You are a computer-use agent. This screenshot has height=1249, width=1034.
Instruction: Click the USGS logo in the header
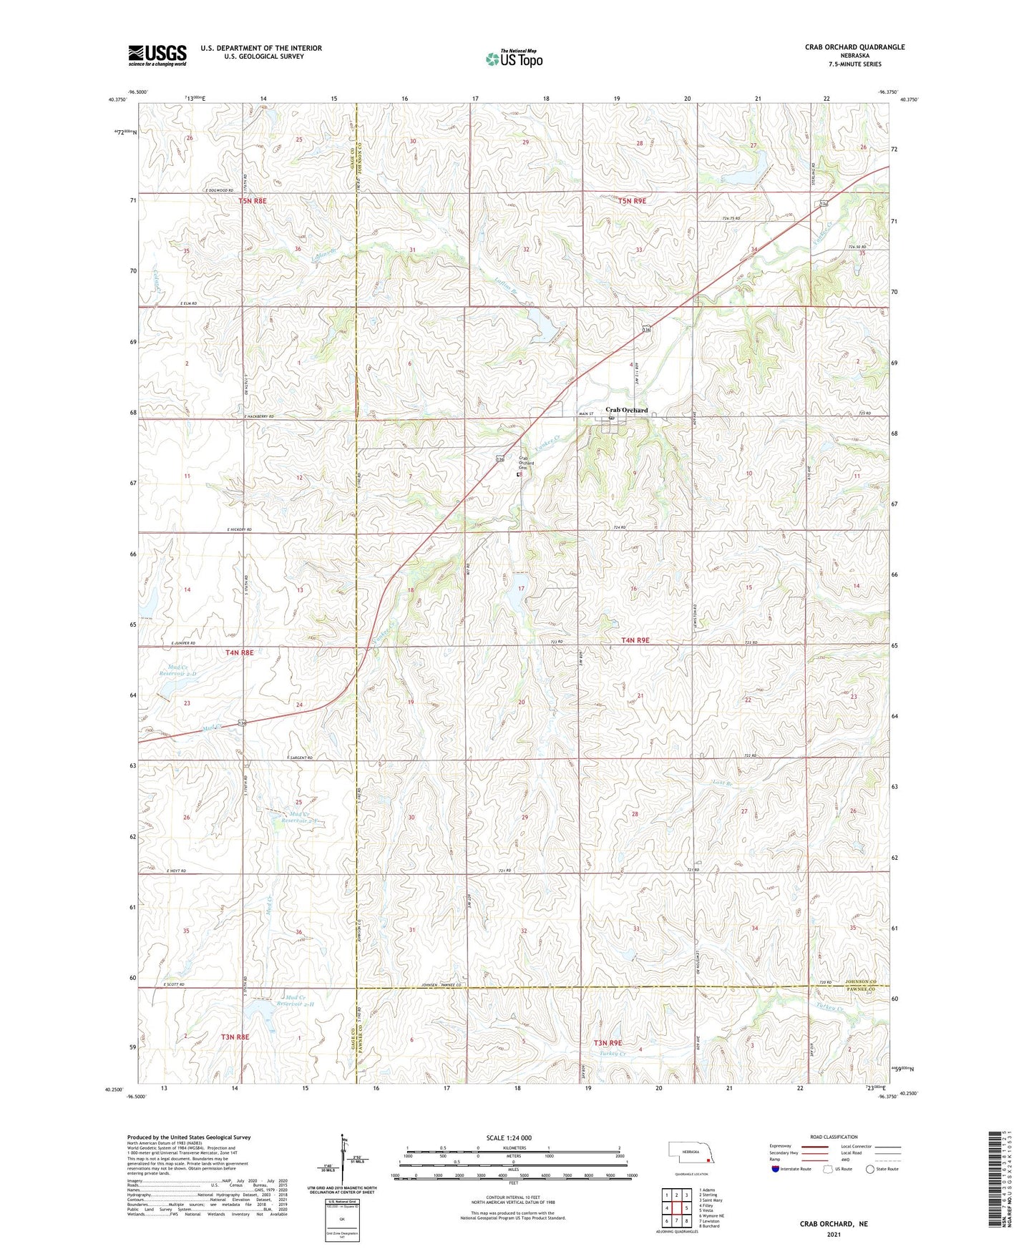pyautogui.click(x=157, y=55)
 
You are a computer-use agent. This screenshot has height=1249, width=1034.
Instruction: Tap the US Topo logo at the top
pyautogui.click(x=513, y=59)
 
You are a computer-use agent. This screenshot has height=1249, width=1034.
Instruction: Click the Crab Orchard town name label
pyautogui.click(x=626, y=410)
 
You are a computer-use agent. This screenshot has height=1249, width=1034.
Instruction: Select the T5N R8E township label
pyautogui.click(x=252, y=201)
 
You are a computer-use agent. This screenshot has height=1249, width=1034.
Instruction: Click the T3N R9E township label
pyautogui.click(x=608, y=1043)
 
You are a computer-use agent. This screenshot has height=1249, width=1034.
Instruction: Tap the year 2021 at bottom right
pyautogui.click(x=834, y=1234)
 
